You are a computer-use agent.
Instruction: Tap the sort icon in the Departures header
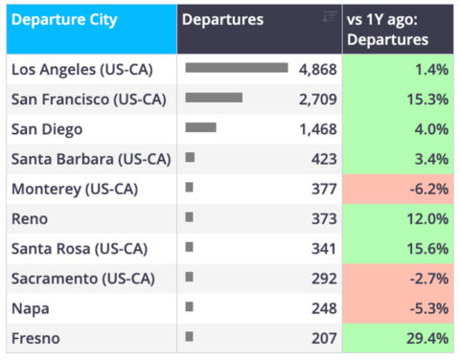pos(330,16)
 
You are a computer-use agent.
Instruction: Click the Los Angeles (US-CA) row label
pos(82,70)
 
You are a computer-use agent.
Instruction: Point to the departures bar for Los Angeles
pos(237,68)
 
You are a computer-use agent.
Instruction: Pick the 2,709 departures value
pos(318,100)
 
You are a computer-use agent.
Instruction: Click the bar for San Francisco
pos(214,98)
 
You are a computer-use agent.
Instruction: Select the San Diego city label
pos(47,129)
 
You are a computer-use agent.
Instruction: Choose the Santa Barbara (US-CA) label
pos(91,159)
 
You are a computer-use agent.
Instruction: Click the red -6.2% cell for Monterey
pos(398,189)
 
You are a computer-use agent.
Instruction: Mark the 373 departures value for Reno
pos(324,219)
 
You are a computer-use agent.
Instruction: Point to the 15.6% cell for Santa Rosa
pos(398,249)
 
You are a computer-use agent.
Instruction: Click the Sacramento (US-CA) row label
pos(83,279)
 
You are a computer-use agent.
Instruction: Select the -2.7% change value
pos(429,279)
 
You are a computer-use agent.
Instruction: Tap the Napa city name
pos(31,309)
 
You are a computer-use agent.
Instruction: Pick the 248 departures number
pos(324,308)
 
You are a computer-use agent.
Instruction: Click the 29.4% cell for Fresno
pos(398,338)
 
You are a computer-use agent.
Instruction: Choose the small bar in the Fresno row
pos(189,336)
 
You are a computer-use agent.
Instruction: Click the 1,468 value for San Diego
pos(318,129)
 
